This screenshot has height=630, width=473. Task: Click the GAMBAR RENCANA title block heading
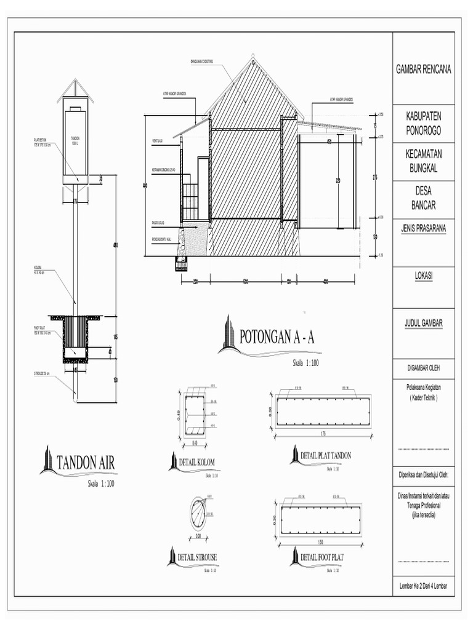(x=423, y=69)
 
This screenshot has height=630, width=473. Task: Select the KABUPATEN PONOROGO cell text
(x=423, y=123)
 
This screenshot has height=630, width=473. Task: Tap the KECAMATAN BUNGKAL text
(x=423, y=162)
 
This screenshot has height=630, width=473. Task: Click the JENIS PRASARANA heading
(x=423, y=228)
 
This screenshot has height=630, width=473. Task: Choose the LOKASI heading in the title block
(x=423, y=277)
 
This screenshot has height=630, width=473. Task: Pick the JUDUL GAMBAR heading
(x=423, y=323)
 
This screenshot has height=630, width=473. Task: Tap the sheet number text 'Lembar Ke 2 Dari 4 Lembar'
(x=423, y=586)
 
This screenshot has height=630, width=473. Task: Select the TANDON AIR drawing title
(x=86, y=462)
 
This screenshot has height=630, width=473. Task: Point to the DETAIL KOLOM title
(x=197, y=462)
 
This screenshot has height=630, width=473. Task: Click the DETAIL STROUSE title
(x=197, y=557)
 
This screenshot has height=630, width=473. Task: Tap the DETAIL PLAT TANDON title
(x=326, y=455)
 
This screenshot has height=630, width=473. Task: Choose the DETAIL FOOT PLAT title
(x=321, y=557)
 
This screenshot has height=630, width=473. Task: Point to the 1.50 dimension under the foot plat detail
(x=321, y=542)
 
